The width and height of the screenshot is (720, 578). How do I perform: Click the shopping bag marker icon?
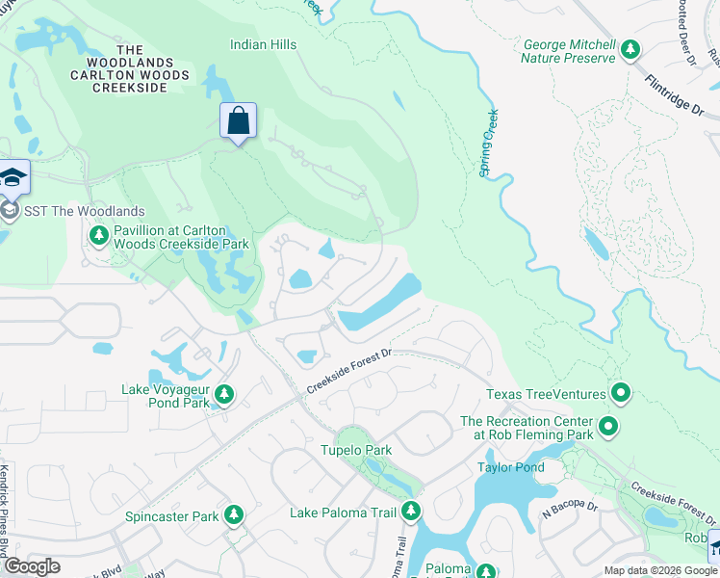pos(238,121)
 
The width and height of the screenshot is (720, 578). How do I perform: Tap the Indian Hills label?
pos(263,44)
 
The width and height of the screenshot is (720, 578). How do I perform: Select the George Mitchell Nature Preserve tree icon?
pos(630,48)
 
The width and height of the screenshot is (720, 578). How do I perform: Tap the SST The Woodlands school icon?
pos(11,211)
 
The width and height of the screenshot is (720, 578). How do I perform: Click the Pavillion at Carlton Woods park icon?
pos(98,235)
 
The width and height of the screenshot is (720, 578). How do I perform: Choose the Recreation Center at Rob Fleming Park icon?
pos(607,425)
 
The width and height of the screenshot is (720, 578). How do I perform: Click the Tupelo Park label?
pos(355,450)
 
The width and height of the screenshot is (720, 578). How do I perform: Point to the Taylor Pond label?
pos(511,467)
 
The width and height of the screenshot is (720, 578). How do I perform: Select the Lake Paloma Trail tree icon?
pos(411,511)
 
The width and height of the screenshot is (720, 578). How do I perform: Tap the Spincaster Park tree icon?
pos(233,515)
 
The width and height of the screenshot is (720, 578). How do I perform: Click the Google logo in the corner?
pos(31,566)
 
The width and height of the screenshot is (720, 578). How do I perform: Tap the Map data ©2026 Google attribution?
pos(659,570)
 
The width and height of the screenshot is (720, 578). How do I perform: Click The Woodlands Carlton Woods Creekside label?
pos(129,68)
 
